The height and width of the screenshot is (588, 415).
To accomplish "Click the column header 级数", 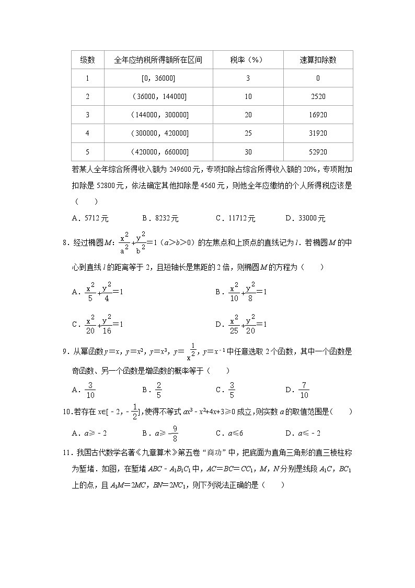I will click(x=87, y=60).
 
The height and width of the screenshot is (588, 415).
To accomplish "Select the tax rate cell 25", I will click(x=248, y=134).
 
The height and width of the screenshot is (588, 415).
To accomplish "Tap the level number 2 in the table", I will click(x=87, y=96).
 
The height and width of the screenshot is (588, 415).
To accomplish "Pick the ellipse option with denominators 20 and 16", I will click(x=97, y=324).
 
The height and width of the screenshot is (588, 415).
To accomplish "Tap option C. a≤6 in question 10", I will click(x=230, y=433).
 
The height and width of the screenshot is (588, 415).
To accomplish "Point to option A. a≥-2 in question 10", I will click(x=89, y=433).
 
